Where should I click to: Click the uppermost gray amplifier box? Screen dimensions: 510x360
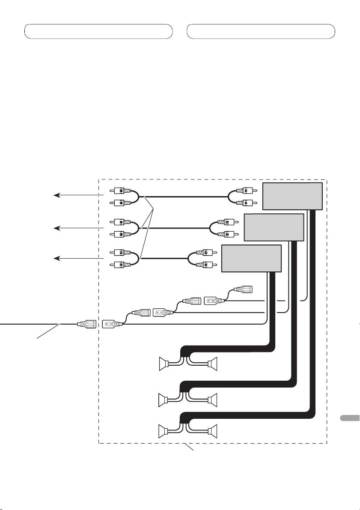point(292,196)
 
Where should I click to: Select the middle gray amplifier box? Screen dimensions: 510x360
point(274,227)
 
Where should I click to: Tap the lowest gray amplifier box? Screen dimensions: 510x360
point(251,258)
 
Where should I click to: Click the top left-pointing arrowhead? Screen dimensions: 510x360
point(56,196)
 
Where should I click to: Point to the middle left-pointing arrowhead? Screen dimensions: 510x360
point(56,228)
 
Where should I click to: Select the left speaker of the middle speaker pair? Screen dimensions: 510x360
point(162,400)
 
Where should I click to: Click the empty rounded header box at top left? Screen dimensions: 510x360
point(98,31)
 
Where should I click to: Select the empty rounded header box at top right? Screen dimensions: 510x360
point(261,31)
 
